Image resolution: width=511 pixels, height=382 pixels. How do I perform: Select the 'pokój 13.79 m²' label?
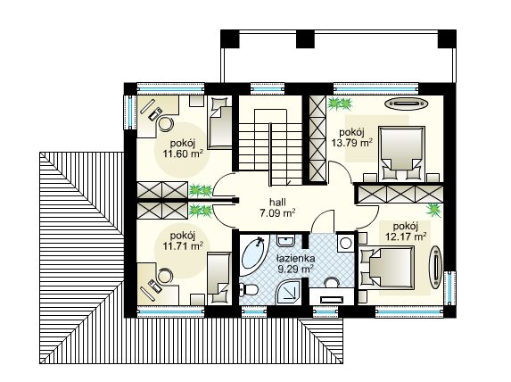350,136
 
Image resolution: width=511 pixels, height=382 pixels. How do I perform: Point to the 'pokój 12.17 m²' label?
406,230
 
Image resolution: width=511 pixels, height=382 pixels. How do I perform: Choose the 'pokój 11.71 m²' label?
182,239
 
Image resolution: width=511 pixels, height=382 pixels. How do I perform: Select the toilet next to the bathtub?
251,290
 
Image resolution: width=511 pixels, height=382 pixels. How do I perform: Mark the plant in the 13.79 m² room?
338,104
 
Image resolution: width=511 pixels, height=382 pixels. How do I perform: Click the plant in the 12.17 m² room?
434,211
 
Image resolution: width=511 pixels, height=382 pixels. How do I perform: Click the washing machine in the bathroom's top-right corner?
344,244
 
